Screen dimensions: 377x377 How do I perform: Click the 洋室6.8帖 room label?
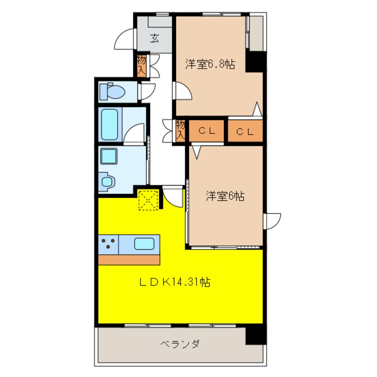(210, 65)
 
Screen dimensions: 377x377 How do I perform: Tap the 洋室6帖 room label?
(225, 196)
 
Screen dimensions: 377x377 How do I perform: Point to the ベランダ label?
(180, 344)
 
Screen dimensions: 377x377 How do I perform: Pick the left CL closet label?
(207, 131)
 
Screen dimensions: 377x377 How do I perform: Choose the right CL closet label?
(245, 131)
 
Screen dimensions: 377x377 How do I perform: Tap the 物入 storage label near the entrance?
(142, 65)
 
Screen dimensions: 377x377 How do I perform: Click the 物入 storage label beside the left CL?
(180, 130)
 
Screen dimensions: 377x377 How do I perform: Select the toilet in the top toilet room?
(113, 92)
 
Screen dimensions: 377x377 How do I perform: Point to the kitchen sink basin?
(144, 244)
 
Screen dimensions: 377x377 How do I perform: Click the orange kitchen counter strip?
(129, 259)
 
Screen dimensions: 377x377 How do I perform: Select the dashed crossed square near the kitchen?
(148, 199)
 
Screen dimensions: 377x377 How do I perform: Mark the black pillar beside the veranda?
(256, 335)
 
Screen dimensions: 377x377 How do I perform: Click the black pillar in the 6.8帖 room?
(255, 61)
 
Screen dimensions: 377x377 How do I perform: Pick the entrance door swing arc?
(124, 40)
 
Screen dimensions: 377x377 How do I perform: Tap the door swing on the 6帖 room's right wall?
(272, 221)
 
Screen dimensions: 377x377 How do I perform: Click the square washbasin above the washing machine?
(108, 156)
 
